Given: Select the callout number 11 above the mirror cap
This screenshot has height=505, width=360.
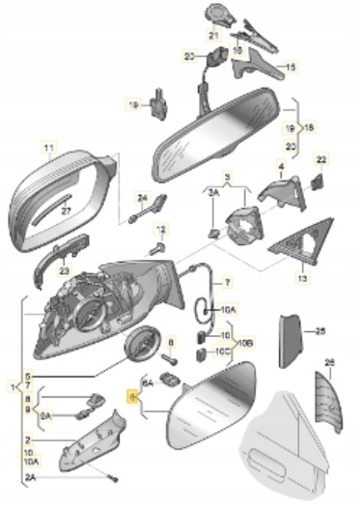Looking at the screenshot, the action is click(x=44, y=147).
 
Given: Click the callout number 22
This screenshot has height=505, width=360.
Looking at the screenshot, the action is click(x=321, y=158).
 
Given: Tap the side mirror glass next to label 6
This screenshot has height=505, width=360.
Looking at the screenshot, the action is click(x=208, y=410).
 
